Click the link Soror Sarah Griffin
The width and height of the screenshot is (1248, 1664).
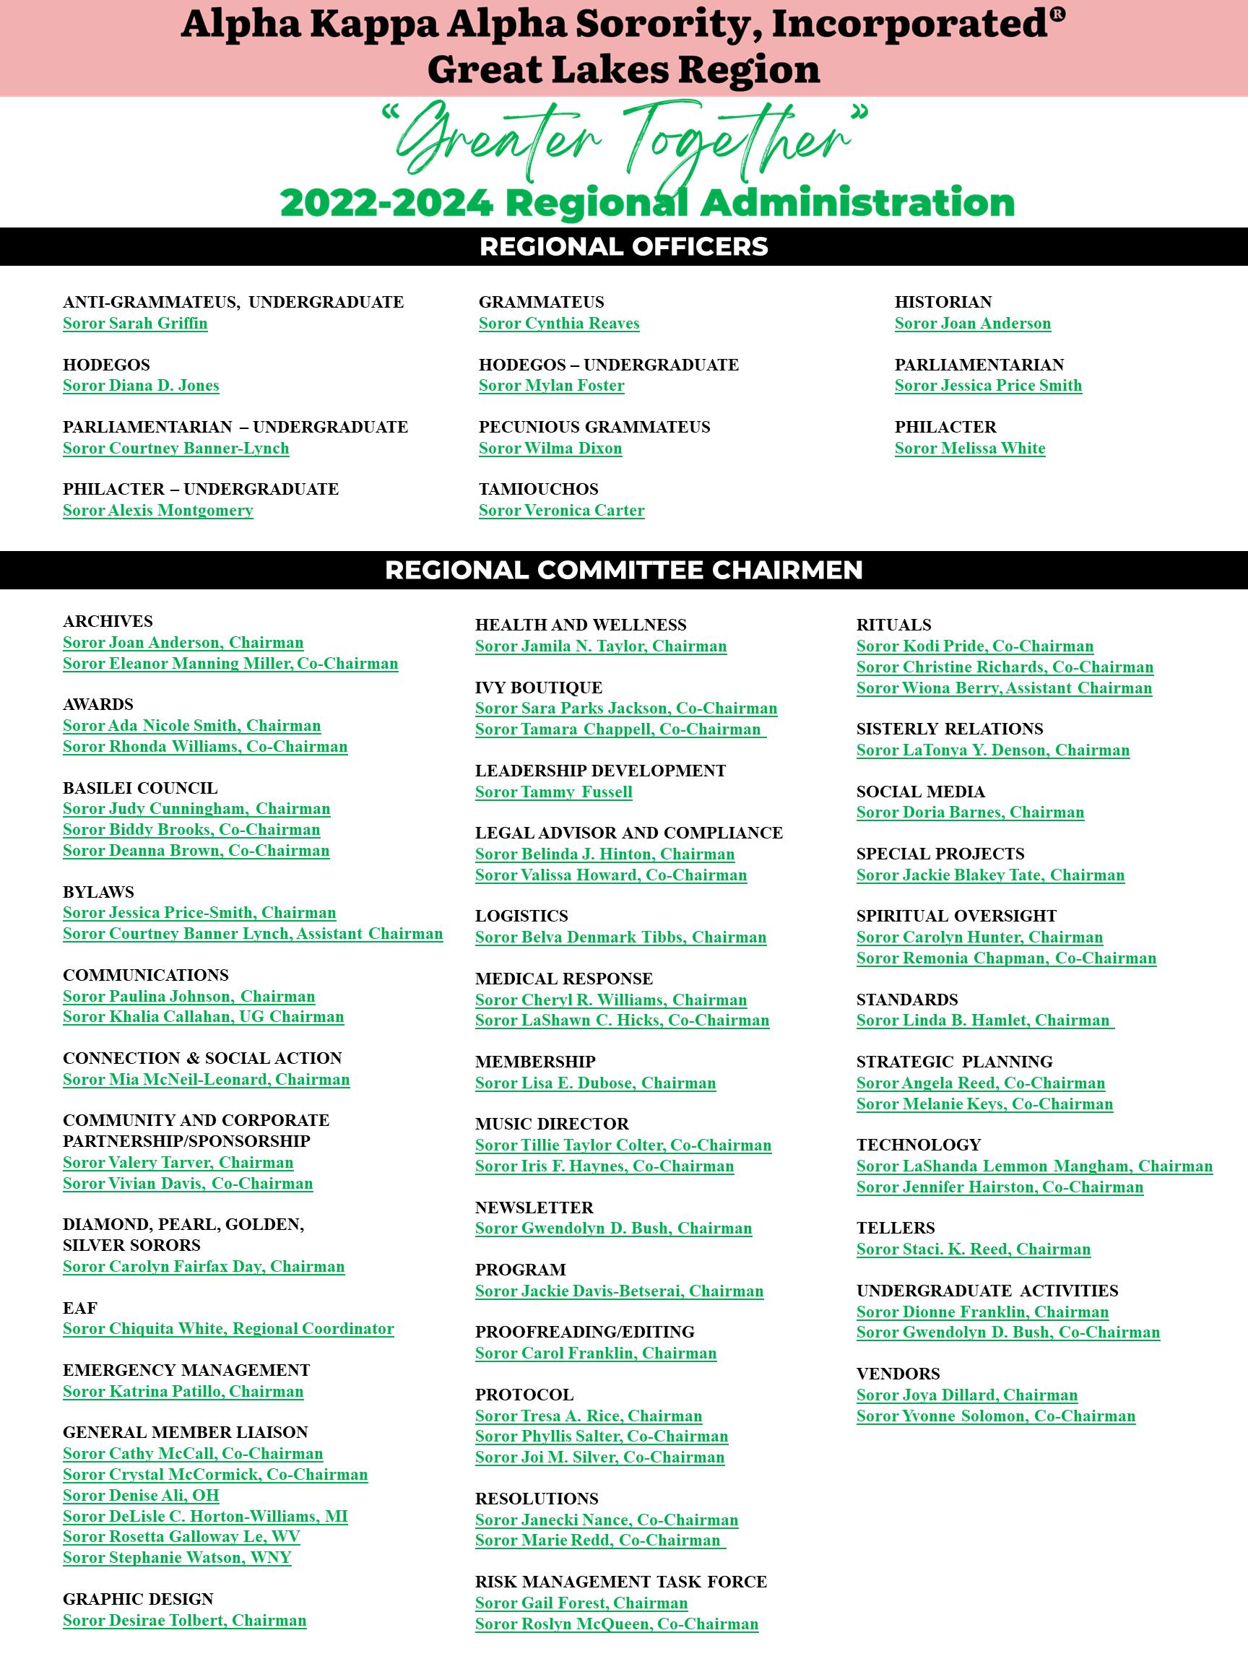pyautogui.click(x=135, y=324)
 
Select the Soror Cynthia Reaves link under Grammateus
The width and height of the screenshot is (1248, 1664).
pyautogui.click(x=559, y=324)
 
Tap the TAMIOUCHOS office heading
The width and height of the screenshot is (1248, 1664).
pyautogui.click(x=539, y=489)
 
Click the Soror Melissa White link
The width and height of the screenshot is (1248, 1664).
pyautogui.click(x=970, y=448)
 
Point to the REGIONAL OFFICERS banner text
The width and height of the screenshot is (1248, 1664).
pyautogui.click(x=623, y=247)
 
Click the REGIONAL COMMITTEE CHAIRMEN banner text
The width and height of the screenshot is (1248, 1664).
pyautogui.click(x=623, y=571)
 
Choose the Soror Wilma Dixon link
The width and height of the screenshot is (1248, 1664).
pyautogui.click(x=550, y=448)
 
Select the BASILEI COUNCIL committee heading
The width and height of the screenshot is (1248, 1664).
pyautogui.click(x=140, y=788)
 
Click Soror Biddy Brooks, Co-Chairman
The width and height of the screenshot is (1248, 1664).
pyautogui.click(x=192, y=830)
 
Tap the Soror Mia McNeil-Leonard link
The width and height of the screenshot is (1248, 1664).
pyautogui.click(x=206, y=1080)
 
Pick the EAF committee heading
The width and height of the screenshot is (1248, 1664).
pyautogui.click(x=79, y=1308)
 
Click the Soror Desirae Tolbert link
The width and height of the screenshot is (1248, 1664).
pyautogui.click(x=184, y=1621)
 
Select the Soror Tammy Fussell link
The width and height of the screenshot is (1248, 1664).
pyautogui.click(x=554, y=792)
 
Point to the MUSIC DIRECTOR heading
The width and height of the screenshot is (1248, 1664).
pyautogui.click(x=551, y=1124)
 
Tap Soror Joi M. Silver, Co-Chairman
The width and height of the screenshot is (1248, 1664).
pyautogui.click(x=599, y=1457)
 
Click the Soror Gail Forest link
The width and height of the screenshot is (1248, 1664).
pyautogui.click(x=581, y=1603)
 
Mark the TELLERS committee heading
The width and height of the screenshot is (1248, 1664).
pyautogui.click(x=895, y=1228)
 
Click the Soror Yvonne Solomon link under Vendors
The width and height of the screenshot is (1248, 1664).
pyautogui.click(x=996, y=1416)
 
